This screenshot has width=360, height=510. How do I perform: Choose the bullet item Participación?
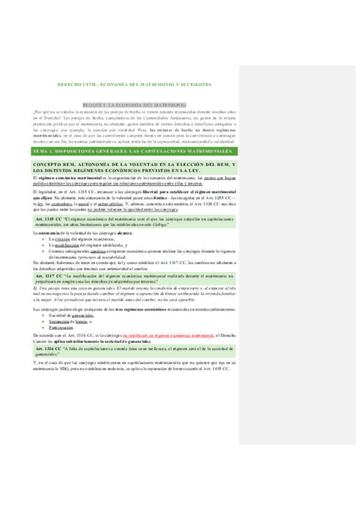point(61,327)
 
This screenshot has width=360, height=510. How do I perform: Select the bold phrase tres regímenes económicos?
point(132,309)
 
